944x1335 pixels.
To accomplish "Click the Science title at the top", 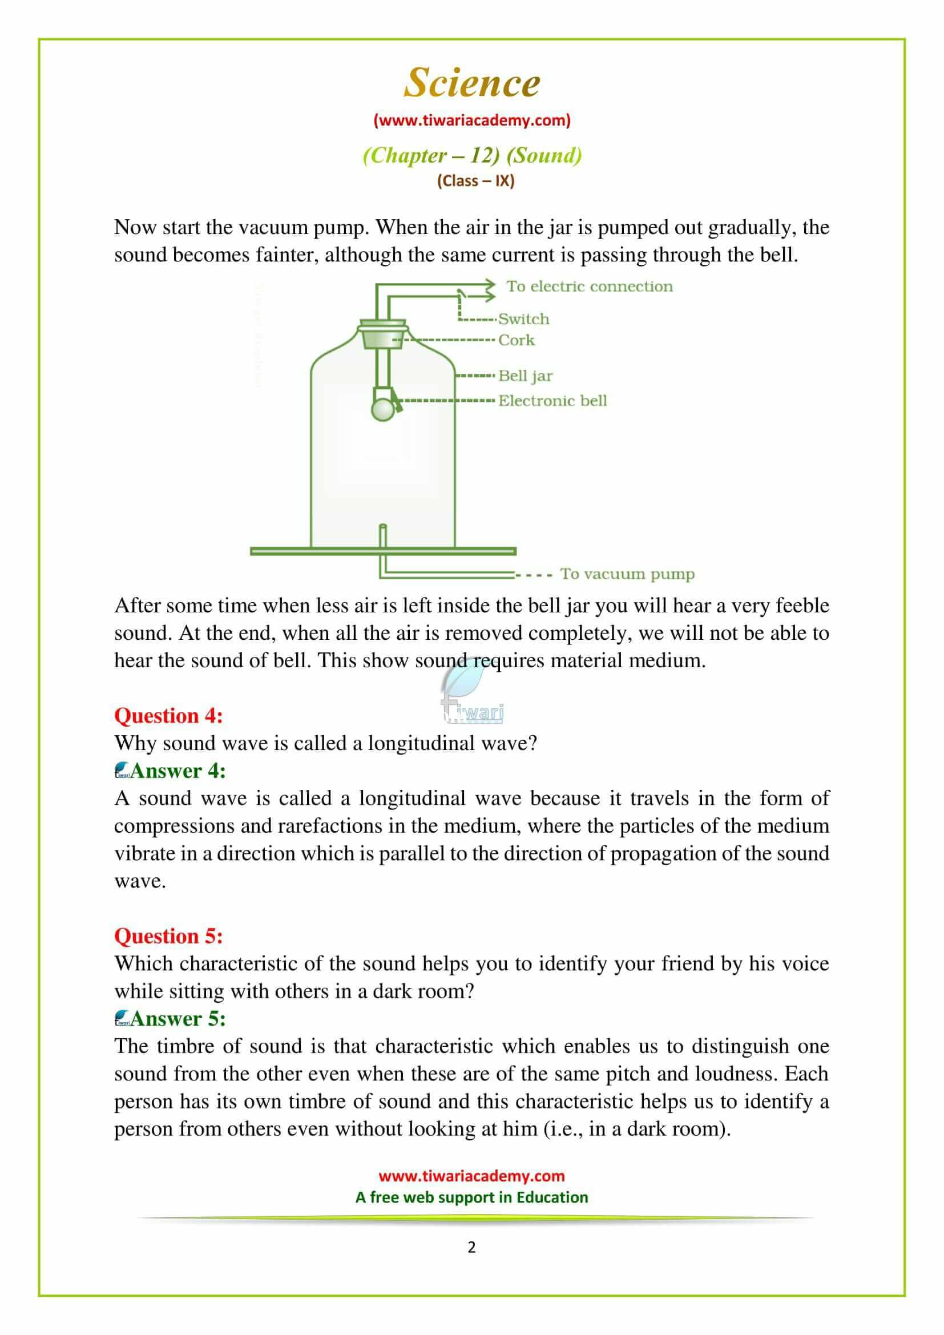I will click(x=472, y=83).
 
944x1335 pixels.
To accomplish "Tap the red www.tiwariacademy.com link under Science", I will click(x=472, y=120).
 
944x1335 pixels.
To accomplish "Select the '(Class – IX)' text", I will click(x=475, y=181).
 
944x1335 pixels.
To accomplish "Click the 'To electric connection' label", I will click(x=590, y=286).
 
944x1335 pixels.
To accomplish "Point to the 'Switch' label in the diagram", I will click(x=523, y=318).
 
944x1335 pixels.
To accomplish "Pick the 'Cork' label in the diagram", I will click(x=516, y=340).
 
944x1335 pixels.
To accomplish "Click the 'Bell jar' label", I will click(x=526, y=376).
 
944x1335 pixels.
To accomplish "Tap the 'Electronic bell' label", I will click(x=552, y=401).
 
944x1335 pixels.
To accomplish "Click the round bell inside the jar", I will click(x=382, y=409).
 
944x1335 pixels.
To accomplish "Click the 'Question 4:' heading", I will click(x=168, y=715).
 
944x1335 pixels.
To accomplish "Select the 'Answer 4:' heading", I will click(x=177, y=771).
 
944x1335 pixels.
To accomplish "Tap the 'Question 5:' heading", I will click(x=168, y=935).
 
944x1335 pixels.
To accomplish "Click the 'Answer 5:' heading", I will click(x=177, y=1018).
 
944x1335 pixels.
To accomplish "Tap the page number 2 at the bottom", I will click(x=471, y=1247).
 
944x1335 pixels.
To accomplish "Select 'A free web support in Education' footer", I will click(x=471, y=1197).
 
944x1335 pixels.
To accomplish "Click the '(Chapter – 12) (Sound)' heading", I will click(x=472, y=155).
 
